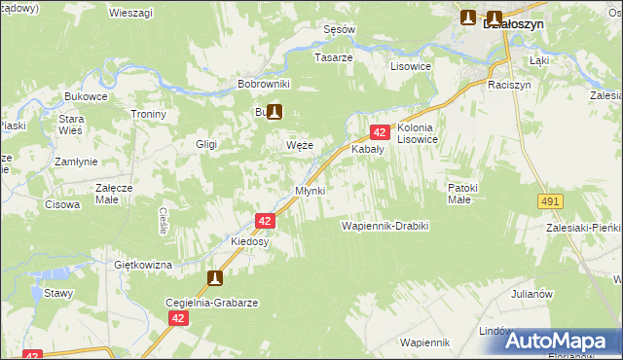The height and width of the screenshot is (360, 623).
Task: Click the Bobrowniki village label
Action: [x=264, y=85]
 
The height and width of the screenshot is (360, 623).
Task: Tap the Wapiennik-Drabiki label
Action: [x=385, y=226]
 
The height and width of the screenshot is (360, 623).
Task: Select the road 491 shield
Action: [x=549, y=200]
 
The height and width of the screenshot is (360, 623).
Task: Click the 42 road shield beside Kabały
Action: [x=379, y=131]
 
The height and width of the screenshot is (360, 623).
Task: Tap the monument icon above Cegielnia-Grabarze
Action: [x=215, y=279]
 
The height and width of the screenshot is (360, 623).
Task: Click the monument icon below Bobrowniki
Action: [x=275, y=112]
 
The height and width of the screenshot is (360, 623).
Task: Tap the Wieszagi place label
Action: [x=129, y=13]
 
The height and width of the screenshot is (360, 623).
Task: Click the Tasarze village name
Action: [x=333, y=57]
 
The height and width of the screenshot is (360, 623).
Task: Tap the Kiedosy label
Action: [x=249, y=241]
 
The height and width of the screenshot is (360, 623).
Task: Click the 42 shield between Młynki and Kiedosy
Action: [x=265, y=222]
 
